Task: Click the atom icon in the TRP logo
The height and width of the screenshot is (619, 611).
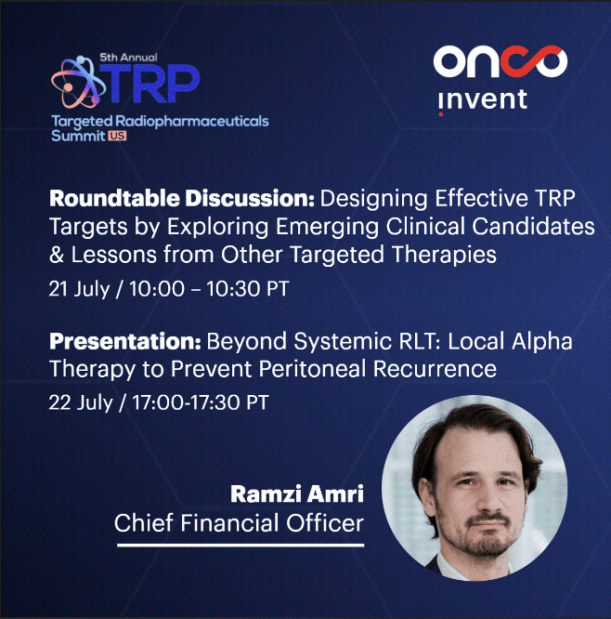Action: point(78,82)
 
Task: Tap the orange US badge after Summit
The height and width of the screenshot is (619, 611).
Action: point(117,136)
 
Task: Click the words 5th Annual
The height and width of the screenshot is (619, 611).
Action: point(128,58)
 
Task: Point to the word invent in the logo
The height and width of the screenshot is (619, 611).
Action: point(483,100)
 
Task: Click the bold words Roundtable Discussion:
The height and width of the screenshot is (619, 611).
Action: point(182,198)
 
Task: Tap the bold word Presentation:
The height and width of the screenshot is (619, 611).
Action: point(125,341)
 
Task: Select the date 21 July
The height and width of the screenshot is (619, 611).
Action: point(79,288)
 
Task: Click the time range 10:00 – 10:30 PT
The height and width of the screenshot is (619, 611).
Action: point(210,288)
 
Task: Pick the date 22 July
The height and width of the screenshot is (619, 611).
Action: point(81,402)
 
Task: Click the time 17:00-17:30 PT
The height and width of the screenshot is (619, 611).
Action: point(201,402)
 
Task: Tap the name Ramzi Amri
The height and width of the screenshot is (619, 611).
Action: point(297,494)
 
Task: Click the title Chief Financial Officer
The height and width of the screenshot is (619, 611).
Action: point(239,523)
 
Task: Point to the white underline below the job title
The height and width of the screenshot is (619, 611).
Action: point(240,546)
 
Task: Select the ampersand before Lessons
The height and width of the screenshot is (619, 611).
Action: point(57,255)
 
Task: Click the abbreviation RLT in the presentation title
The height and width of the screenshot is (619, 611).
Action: point(420,341)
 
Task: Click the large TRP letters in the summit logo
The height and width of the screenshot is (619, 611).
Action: point(150,83)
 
